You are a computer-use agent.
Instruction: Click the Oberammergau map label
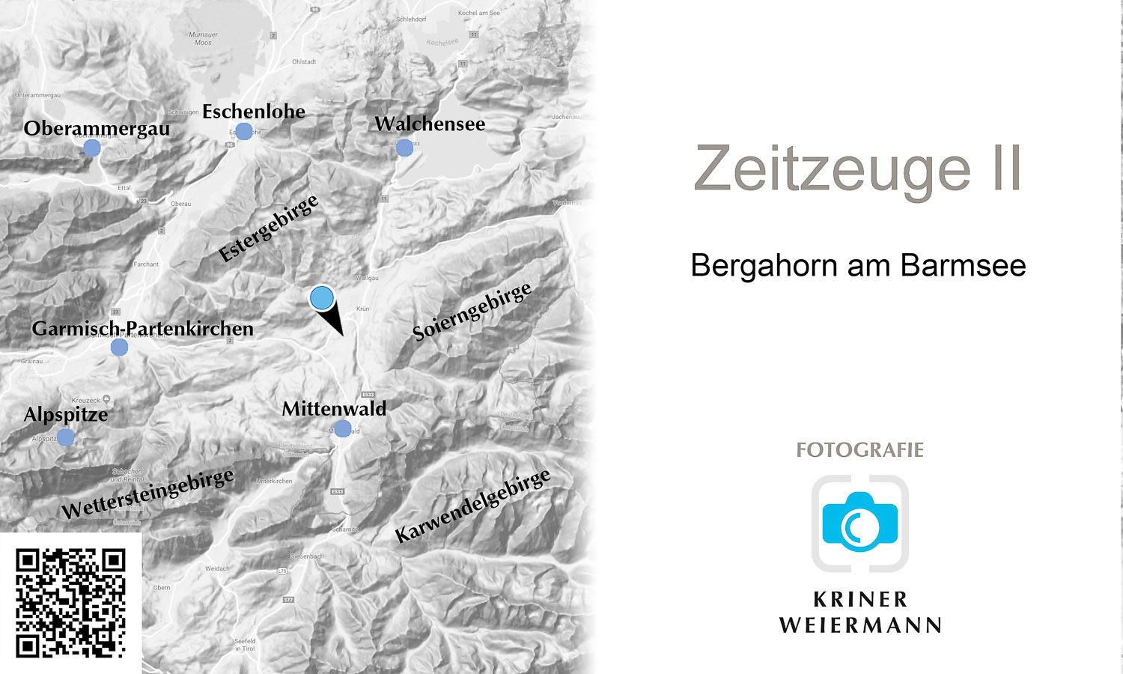tap(97, 128)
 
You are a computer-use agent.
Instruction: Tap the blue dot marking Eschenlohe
tap(244, 132)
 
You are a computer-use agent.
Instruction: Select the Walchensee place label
tap(430, 124)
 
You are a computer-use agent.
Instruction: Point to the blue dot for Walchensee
tap(404, 148)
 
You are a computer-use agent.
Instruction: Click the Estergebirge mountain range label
tap(269, 228)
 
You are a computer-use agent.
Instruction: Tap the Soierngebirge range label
tap(472, 311)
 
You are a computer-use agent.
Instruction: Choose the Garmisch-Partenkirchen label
tap(142, 328)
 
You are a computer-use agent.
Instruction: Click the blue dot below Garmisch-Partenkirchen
tap(119, 347)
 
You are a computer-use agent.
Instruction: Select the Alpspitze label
tap(66, 414)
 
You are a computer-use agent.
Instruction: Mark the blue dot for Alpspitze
tap(66, 437)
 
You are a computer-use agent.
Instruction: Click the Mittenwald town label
tap(334, 409)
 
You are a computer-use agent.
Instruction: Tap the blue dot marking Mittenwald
tap(342, 428)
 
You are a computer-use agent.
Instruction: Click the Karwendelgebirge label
tap(472, 506)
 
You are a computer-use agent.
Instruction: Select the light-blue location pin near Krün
tap(322, 298)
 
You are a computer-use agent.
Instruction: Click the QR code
tap(70, 603)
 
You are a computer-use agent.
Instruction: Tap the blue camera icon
tap(859, 522)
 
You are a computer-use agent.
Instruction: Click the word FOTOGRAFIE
tap(859, 450)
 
